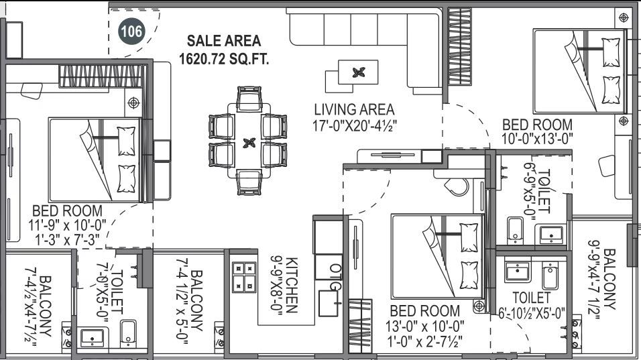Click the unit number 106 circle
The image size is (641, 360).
tap(131, 31)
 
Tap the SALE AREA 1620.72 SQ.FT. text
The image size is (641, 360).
tap(224, 50)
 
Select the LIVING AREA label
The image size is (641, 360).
tap(355, 109)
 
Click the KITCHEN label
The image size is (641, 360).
tap(292, 285)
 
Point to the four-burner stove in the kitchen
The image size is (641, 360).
tap(244, 277)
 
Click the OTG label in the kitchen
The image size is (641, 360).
tap(335, 277)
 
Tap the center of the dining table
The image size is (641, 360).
tap(249, 143)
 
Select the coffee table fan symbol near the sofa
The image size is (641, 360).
tap(359, 72)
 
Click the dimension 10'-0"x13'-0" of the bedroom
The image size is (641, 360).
tap(537, 139)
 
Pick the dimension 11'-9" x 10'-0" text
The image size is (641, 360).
tap(68, 225)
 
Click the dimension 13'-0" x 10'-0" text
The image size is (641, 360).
tap(425, 326)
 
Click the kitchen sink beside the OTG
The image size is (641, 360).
tap(329, 303)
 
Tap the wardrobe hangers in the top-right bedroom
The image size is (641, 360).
tap(459, 46)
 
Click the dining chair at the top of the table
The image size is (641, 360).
tap(249, 99)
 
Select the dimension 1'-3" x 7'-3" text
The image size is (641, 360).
tap(68, 240)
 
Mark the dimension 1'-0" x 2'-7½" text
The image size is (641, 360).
tap(425, 341)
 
